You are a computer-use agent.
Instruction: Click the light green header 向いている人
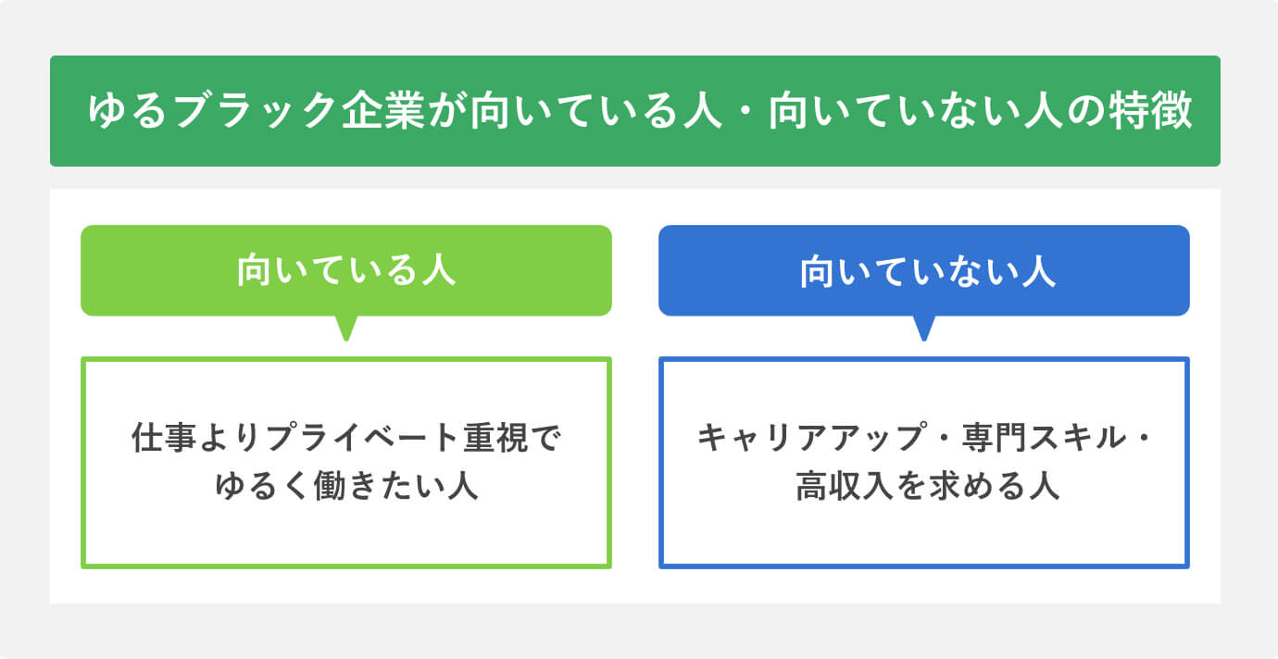(x=346, y=271)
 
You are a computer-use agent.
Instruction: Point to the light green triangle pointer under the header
(x=346, y=328)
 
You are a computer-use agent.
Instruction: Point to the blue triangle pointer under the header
(x=923, y=328)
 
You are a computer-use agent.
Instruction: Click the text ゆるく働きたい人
(x=346, y=485)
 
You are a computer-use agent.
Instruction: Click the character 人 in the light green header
(x=438, y=271)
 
